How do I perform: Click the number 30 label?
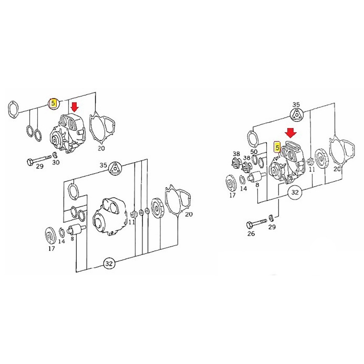coord(56,162)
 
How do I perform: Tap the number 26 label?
coord(251,234)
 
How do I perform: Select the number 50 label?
coord(254,151)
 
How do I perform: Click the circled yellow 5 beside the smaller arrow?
coord(53,103)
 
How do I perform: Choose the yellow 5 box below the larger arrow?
coord(277,147)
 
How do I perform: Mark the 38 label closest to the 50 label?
coord(247,158)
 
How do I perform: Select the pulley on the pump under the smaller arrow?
coord(56,140)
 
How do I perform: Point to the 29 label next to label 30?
coord(39,166)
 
